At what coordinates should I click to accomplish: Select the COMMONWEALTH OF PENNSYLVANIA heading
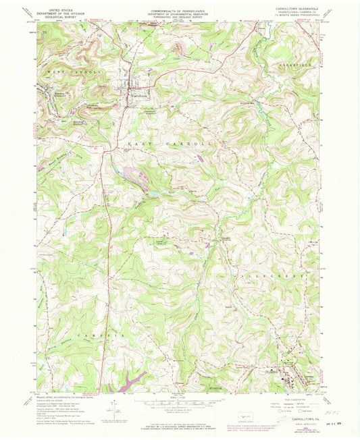click(179, 11)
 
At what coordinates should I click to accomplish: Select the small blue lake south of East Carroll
click(156, 194)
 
